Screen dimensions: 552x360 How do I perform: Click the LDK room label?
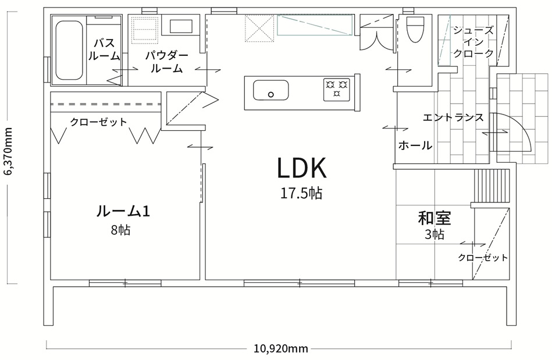coord(302,167)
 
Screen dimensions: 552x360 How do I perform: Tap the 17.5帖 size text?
coord(301,193)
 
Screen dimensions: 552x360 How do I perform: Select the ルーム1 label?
coord(123,211)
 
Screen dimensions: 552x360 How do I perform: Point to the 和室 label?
coord(435,218)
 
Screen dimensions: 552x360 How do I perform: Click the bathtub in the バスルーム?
coord(70,51)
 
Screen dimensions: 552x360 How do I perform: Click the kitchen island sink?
coord(270,90)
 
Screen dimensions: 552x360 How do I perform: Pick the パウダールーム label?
coord(167,62)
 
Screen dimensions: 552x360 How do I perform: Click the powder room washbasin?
coord(181,26)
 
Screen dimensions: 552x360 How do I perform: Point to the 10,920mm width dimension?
coord(281,348)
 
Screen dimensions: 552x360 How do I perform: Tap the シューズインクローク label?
coord(473,41)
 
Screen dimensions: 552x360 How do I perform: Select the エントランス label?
coord(453,117)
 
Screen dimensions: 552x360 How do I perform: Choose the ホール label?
coord(415,145)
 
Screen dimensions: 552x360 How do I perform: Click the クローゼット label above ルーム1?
coord(98,122)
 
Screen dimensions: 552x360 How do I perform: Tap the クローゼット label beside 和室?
coord(483,258)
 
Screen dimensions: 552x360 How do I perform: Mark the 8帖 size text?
coord(120,230)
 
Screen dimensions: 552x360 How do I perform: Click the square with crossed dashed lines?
coord(259,28)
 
